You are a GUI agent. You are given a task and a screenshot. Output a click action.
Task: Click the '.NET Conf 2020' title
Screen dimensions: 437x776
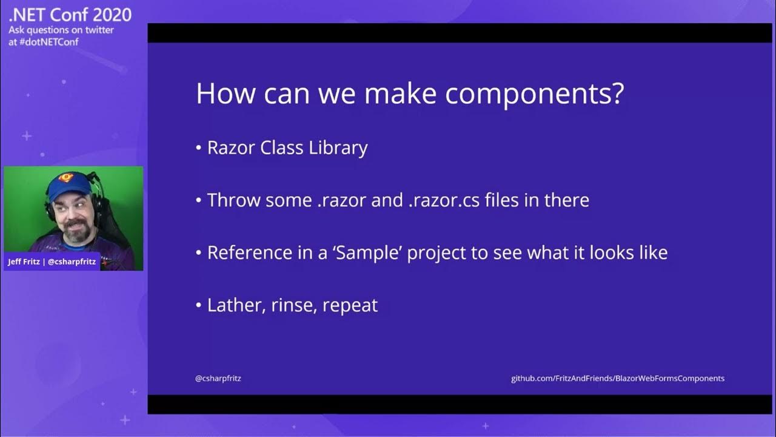[70, 15]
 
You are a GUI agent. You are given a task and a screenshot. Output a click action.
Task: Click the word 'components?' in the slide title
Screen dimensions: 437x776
[534, 94]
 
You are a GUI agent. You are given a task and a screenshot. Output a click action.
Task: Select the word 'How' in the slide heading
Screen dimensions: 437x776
[221, 94]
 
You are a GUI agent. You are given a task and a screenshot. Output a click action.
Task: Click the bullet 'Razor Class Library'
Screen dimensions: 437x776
[287, 148]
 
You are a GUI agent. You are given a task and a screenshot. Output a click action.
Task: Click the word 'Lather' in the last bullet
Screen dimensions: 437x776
[232, 305]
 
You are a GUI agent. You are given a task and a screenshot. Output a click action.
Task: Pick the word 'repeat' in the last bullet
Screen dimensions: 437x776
[350, 305]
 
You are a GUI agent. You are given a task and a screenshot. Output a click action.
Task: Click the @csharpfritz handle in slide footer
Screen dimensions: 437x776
[218, 378]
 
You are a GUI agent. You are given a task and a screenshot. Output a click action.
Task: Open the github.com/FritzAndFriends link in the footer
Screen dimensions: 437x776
[617, 378]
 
